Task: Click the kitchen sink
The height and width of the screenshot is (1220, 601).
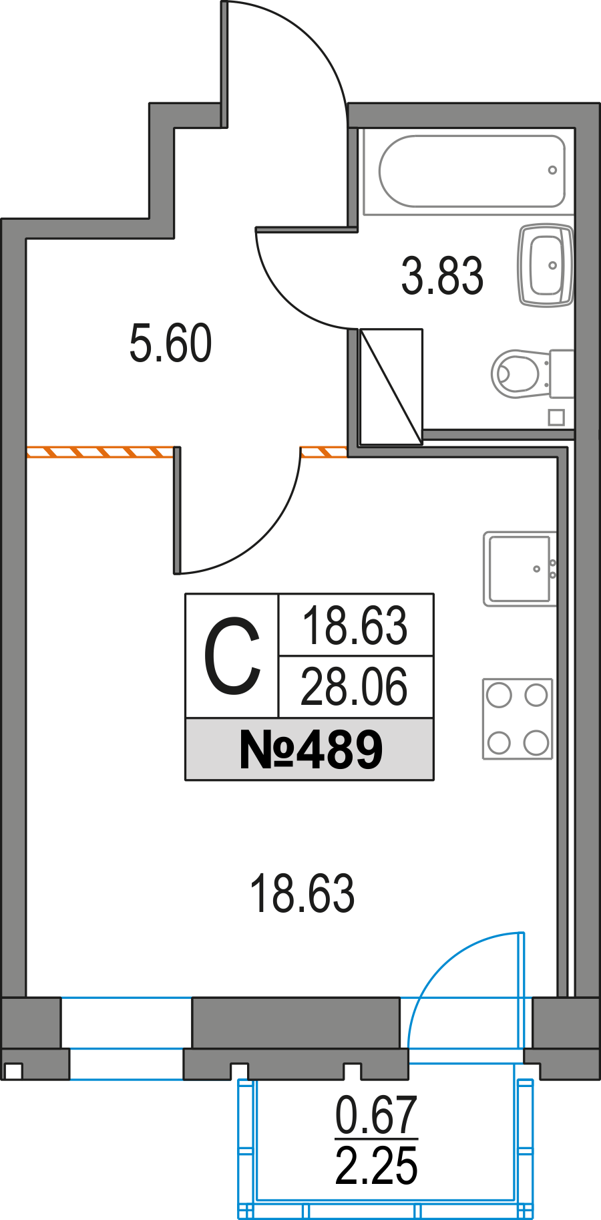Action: tap(520, 569)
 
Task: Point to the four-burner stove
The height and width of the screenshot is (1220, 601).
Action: tap(518, 719)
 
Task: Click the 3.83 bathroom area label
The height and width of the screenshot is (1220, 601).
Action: tap(442, 276)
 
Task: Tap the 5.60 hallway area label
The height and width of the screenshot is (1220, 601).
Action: tap(170, 343)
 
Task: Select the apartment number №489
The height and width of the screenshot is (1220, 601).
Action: tap(311, 750)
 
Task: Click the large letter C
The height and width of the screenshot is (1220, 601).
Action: tap(232, 656)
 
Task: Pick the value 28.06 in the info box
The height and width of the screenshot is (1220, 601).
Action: tap(354, 688)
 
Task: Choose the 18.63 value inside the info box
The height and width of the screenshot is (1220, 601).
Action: tap(355, 626)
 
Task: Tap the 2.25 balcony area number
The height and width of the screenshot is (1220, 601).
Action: tap(376, 1166)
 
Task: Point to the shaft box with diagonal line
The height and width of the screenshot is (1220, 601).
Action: tap(391, 386)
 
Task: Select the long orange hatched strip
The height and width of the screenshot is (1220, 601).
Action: tap(99, 452)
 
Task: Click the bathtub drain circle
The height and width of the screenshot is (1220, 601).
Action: tap(552, 170)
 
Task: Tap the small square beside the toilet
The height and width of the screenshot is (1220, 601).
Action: tap(556, 418)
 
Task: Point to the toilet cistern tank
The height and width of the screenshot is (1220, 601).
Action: tap(562, 373)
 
